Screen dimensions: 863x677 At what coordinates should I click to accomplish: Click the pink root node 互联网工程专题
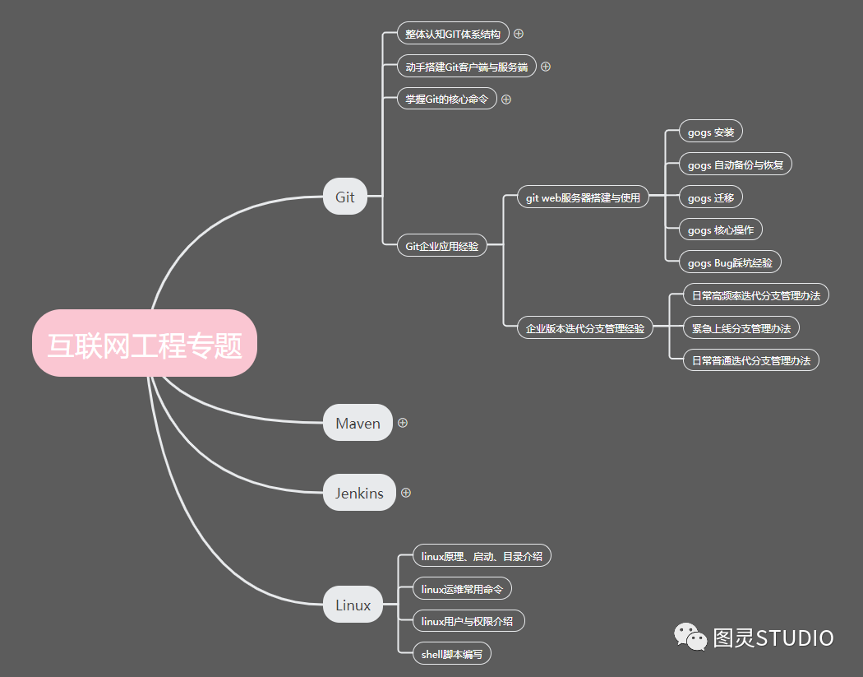point(145,344)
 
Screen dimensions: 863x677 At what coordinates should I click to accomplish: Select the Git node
point(344,197)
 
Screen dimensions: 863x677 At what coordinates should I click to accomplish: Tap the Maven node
point(358,423)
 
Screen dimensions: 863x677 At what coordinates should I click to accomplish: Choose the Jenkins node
point(359,493)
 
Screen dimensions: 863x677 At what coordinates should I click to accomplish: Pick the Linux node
point(353,605)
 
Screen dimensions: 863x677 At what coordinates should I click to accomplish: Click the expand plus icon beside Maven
point(403,423)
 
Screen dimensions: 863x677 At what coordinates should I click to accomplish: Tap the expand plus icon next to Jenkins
point(406,493)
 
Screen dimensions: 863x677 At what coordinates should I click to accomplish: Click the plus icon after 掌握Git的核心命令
point(506,99)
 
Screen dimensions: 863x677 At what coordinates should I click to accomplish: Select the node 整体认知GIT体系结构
point(453,34)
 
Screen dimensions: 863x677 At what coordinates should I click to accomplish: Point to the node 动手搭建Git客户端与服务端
point(467,67)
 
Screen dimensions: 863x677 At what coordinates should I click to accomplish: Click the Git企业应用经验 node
point(442,245)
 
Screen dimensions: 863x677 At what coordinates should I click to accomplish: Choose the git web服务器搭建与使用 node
point(583,197)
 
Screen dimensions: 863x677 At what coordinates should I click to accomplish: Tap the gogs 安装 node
point(711,132)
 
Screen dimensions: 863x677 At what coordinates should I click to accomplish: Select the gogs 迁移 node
point(711,197)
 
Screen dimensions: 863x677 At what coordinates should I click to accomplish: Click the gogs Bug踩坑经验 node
point(730,262)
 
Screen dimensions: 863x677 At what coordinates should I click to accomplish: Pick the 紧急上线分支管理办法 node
point(741,328)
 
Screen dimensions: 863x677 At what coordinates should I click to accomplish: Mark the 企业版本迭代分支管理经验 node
point(585,328)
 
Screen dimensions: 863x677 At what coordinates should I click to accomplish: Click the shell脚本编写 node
point(451,654)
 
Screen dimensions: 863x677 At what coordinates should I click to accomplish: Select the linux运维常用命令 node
point(461,588)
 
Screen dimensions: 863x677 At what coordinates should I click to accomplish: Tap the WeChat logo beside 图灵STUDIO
point(690,636)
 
